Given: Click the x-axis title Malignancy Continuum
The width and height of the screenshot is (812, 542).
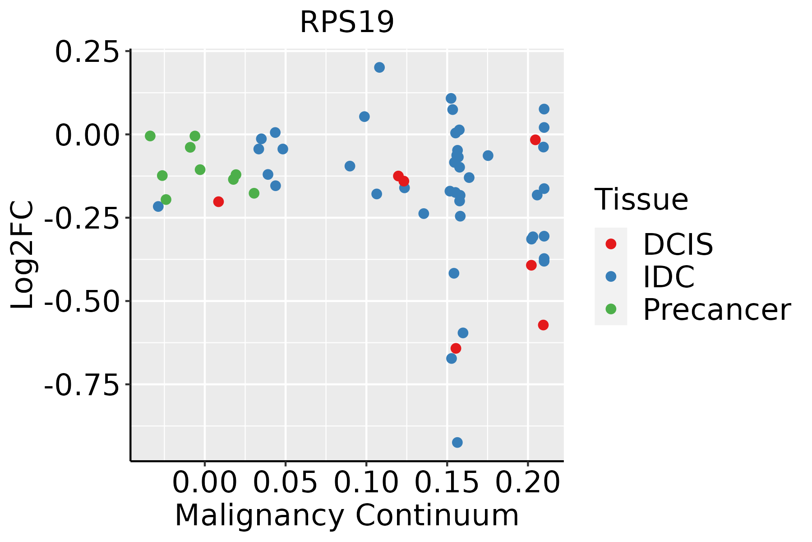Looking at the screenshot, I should click(346, 515).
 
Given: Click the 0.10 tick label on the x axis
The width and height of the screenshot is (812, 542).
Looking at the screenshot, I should click(366, 482).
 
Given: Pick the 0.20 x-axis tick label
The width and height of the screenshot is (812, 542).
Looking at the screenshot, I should click(527, 482).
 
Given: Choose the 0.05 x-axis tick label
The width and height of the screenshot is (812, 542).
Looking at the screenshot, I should click(285, 482).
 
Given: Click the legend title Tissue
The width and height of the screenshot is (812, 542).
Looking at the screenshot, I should click(641, 199).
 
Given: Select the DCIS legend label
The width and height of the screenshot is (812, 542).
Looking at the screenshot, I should click(678, 244).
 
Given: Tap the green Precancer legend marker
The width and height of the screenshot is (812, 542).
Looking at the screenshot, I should click(611, 309).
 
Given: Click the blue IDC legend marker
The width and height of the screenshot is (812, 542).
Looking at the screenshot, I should click(611, 276).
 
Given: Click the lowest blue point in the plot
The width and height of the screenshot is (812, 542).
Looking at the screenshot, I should click(457, 442).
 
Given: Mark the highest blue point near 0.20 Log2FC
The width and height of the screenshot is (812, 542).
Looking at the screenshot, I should click(379, 67).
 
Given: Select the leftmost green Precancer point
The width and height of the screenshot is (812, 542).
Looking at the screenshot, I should click(150, 136).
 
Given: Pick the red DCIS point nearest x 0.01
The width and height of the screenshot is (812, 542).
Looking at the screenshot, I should click(218, 201).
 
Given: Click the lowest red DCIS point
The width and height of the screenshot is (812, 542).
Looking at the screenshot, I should click(456, 348).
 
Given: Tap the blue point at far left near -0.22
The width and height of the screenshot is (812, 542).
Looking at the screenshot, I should click(158, 206).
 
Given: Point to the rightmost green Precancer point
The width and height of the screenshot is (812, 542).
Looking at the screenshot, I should click(254, 193).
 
